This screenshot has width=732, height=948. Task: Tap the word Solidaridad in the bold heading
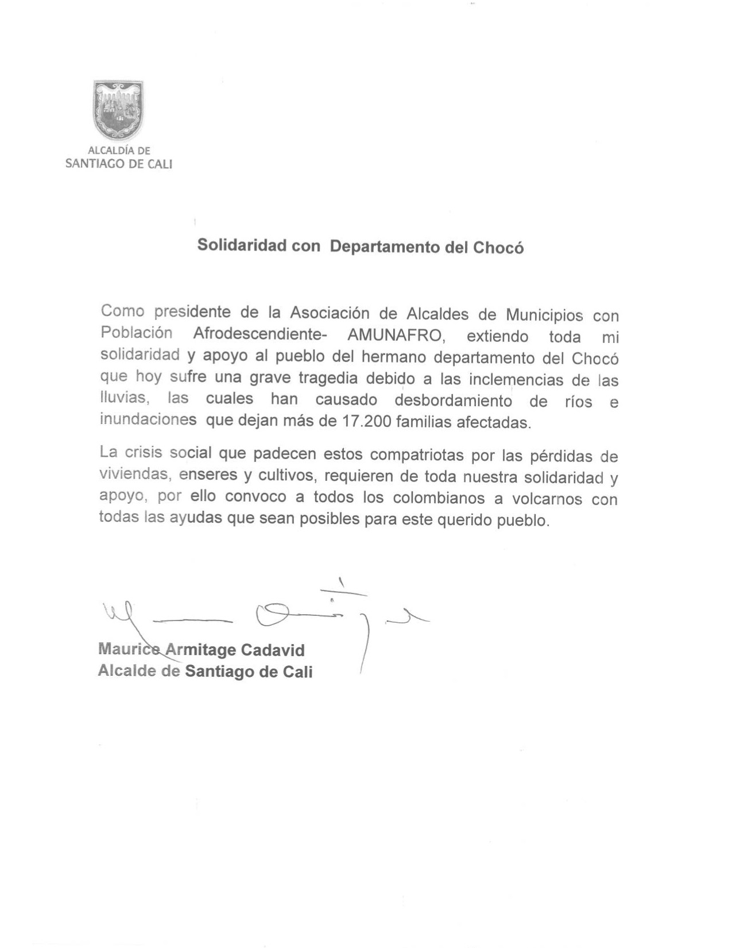[242, 245]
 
